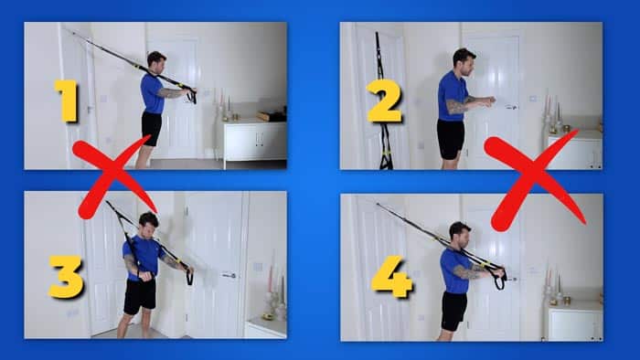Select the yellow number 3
point(66,277)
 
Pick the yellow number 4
point(391,277)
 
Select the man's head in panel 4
point(459,232)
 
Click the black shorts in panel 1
point(151,128)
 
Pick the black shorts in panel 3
point(140,295)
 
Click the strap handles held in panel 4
point(498,274)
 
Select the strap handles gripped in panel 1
point(190,93)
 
